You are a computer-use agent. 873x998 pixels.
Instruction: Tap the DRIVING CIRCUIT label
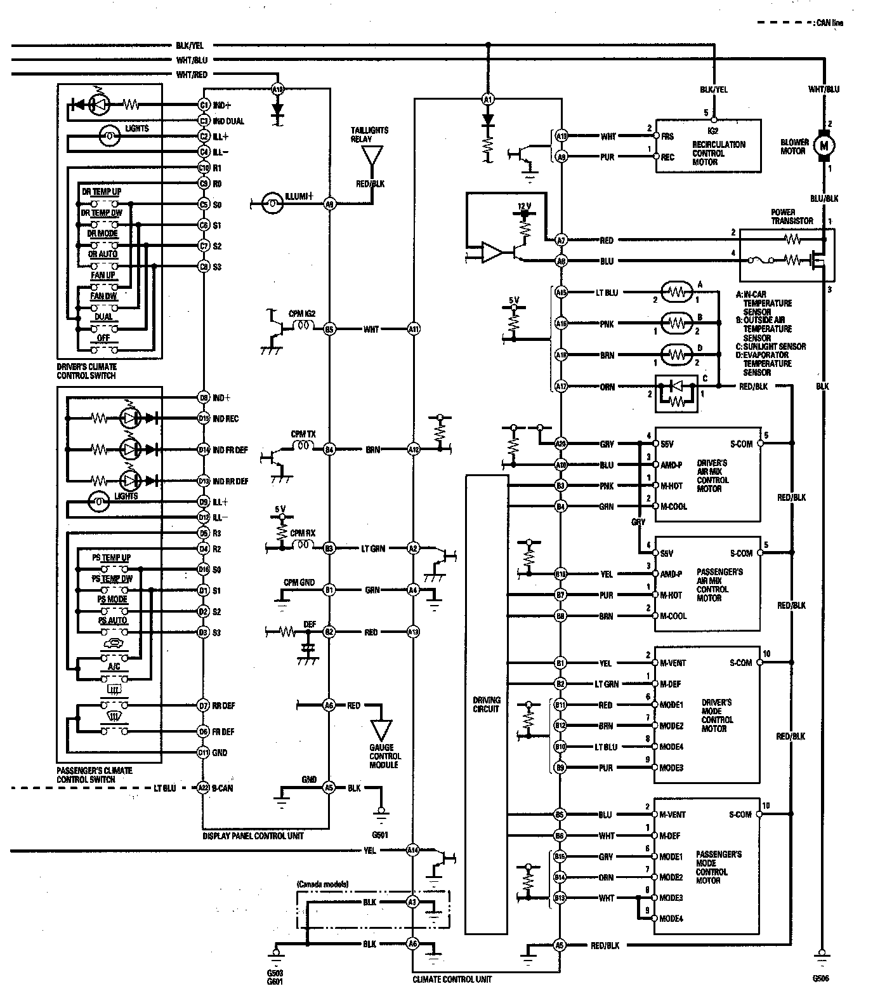tap(486, 705)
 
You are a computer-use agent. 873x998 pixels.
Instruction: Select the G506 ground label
tap(821, 978)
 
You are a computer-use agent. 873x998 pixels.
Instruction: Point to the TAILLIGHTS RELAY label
tap(370, 135)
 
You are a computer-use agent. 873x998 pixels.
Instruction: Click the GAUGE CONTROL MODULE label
tap(384, 756)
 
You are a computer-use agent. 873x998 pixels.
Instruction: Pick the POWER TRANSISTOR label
tap(792, 216)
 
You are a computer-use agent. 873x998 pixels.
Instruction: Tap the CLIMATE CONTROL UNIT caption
tap(452, 979)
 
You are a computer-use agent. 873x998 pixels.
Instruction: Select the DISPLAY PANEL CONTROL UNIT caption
tap(253, 835)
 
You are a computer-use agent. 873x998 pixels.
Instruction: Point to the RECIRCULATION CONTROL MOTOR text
tap(718, 153)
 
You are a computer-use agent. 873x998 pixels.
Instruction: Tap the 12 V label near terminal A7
tap(523, 207)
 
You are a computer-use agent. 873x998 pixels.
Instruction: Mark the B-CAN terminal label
tap(221, 788)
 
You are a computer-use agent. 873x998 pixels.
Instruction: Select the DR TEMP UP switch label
tap(102, 192)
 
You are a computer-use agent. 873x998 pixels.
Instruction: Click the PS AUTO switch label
tap(112, 620)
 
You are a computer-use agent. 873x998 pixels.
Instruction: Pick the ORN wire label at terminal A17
tap(607, 386)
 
